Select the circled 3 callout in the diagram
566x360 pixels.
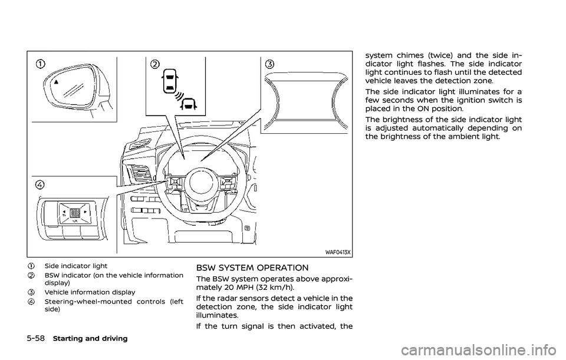(269, 63)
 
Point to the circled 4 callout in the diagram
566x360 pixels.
(40, 184)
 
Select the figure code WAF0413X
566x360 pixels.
(337, 252)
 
